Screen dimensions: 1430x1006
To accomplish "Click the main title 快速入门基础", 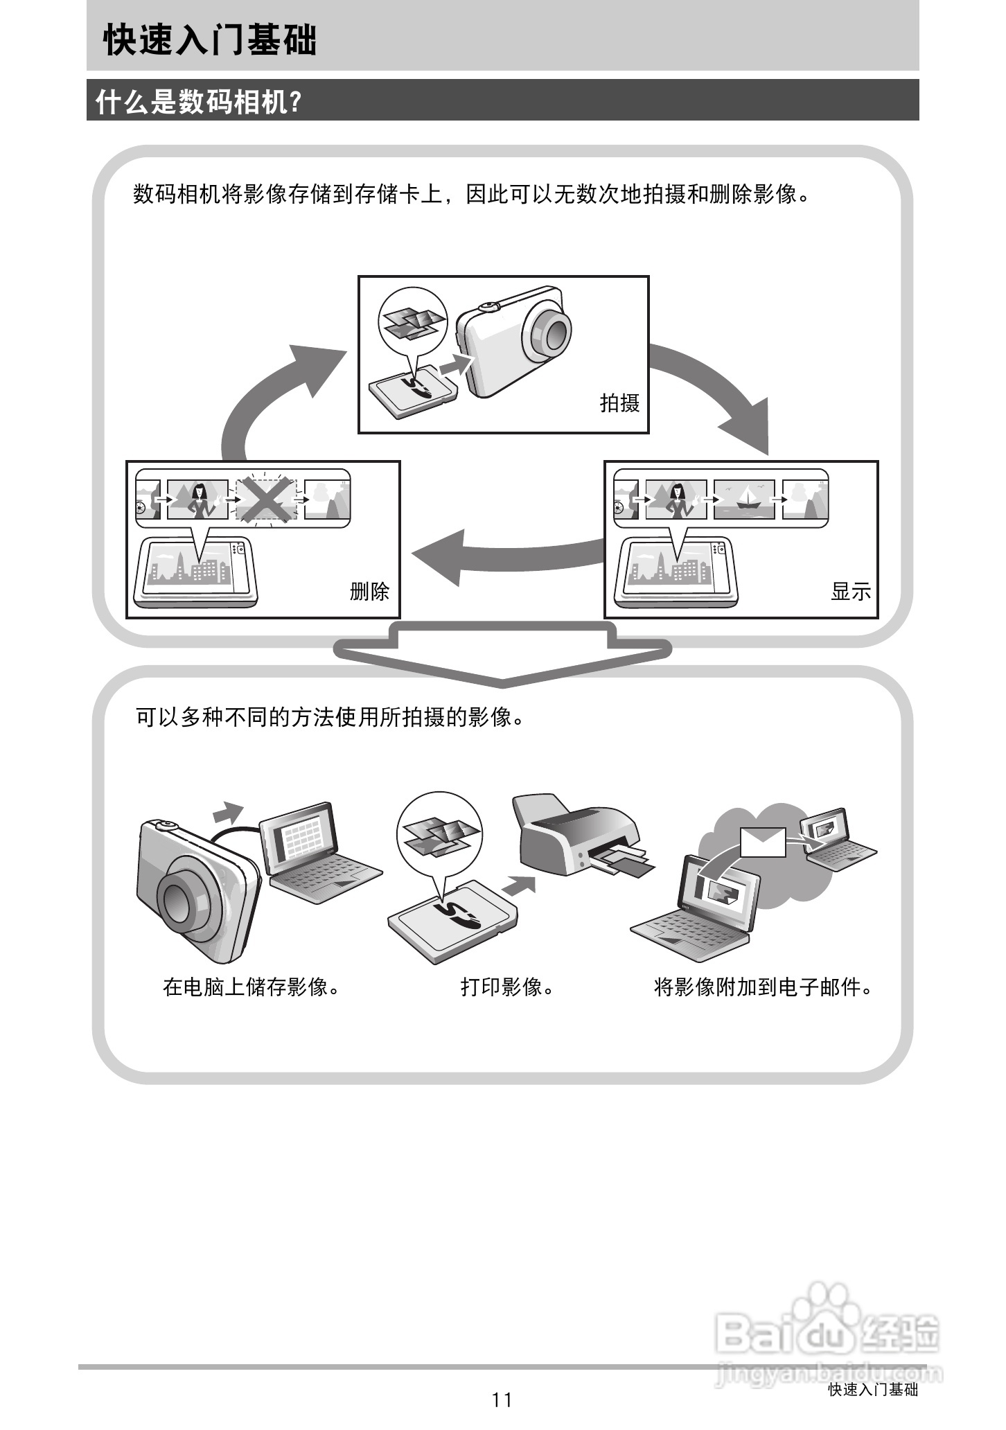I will coord(210,39).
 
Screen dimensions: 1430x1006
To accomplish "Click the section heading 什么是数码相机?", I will coord(199,102).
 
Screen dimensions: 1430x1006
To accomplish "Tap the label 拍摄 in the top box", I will coord(619,403).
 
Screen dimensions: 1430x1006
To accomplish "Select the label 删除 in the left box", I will coord(369,591).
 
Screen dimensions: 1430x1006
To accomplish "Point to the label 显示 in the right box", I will coord(851,591).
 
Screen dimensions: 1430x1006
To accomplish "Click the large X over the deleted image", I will coord(267,499).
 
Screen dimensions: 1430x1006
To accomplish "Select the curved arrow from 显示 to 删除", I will coord(506,554).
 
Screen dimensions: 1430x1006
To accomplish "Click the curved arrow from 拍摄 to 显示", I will coord(721,388).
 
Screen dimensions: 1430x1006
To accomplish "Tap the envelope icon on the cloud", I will coord(763,842).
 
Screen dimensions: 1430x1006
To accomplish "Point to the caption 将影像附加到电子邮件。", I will coord(763,987).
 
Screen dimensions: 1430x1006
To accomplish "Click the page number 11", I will coord(502,1400).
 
